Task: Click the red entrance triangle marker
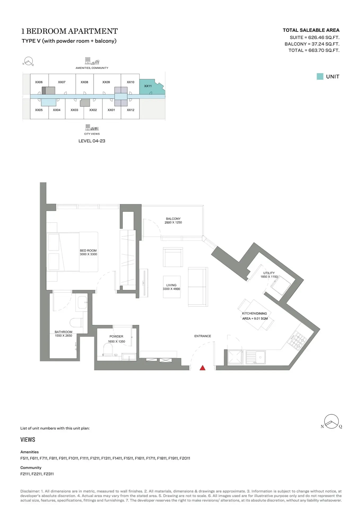202,367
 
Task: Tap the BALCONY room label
173,219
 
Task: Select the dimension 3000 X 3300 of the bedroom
88,254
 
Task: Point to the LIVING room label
171,285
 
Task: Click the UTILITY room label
269,273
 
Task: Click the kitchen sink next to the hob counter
256,357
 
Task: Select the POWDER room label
116,336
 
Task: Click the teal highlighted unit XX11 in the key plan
150,86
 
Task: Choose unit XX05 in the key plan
39,110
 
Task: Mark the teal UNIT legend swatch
320,77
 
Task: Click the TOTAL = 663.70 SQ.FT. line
314,50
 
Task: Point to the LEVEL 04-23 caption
92,141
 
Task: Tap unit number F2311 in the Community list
49,474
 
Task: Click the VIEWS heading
28,440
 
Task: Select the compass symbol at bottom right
332,421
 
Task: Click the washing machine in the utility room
280,285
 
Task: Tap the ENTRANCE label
203,336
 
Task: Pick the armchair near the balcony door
173,257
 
